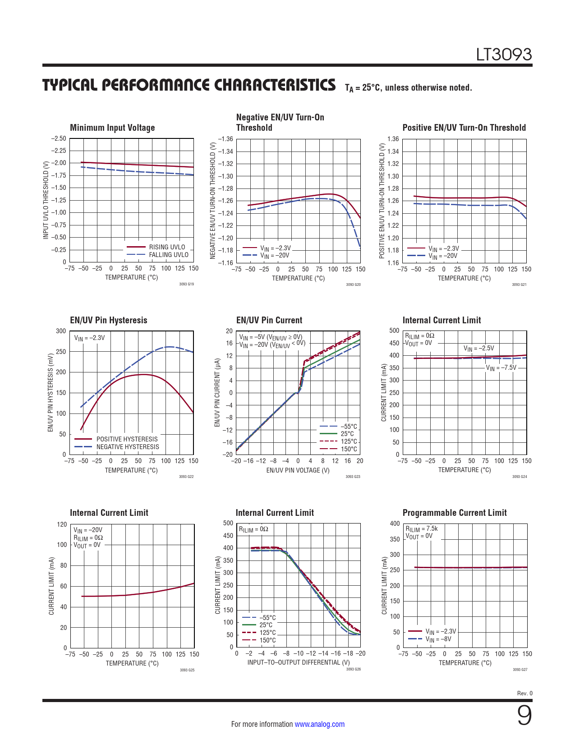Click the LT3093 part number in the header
tap(504, 55)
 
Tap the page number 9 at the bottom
tap(524, 715)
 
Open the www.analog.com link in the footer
tap(319, 724)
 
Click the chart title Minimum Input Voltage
tap(112, 128)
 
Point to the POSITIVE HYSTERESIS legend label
tap(127, 439)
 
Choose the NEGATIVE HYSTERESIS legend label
tap(128, 447)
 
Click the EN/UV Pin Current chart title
tap(269, 320)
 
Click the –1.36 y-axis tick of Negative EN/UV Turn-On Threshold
tap(225, 139)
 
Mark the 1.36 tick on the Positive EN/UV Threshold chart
tap(393, 139)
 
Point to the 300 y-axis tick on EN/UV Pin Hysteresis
tap(61, 331)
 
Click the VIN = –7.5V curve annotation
tap(501, 368)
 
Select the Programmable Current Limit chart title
tap(455, 513)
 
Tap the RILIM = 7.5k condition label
tap(421, 529)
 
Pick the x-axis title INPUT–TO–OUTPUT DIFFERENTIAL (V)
tap(299, 662)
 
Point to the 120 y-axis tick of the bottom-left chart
tap(62, 524)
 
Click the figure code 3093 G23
tap(353, 477)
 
